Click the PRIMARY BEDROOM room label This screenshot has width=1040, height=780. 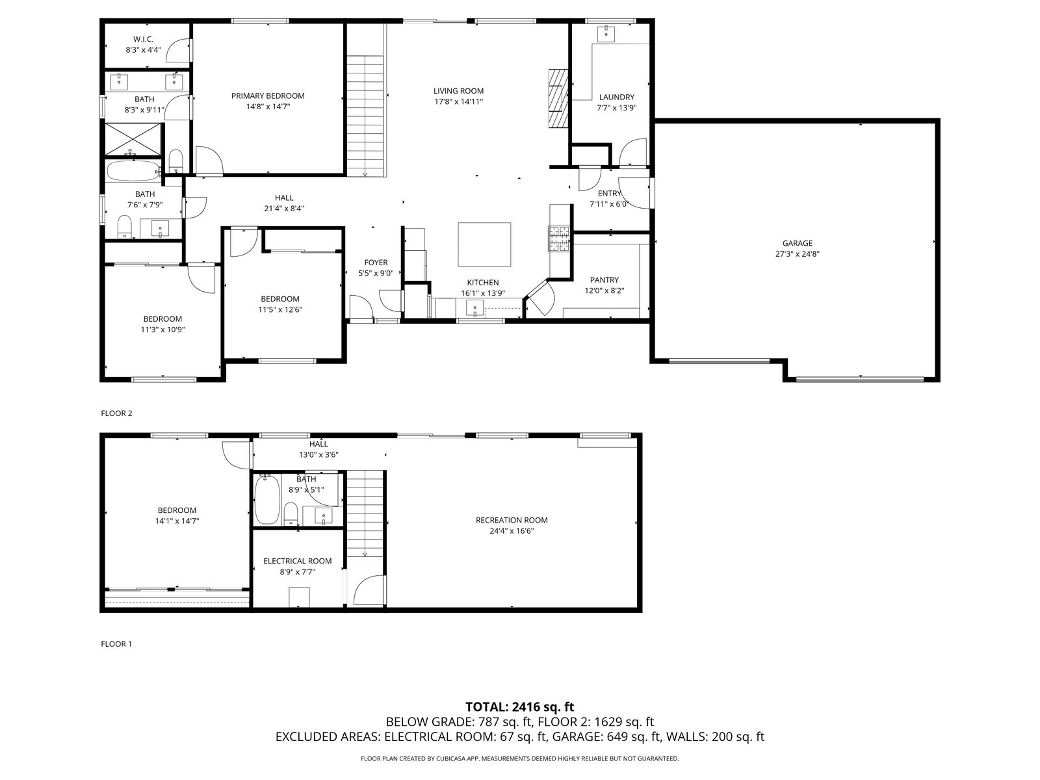coord(268,96)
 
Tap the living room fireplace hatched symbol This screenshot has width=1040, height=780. coord(558,99)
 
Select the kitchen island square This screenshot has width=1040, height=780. coord(484,244)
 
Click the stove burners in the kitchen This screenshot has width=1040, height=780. coord(559,239)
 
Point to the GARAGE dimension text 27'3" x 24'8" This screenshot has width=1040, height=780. coord(798,254)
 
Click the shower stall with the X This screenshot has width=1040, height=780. coord(133,139)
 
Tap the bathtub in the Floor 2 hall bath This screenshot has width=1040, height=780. coord(133,170)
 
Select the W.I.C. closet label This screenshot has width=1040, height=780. coord(143,39)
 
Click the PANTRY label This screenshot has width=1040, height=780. coord(604,280)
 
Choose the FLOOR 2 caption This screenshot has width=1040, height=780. coord(116,413)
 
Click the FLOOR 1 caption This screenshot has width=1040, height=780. coord(116,643)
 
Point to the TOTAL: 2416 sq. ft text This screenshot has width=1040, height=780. coord(520,707)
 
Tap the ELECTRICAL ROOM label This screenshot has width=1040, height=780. coord(298,561)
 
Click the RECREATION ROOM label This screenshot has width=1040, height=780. coord(512,520)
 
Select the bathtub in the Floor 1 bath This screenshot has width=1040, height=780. coord(266,500)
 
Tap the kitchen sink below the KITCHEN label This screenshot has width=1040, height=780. coord(474,308)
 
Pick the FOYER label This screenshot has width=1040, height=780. coord(376,263)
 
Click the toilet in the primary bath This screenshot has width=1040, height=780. coord(175,161)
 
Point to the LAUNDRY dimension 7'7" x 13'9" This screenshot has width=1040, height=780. coord(616,107)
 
